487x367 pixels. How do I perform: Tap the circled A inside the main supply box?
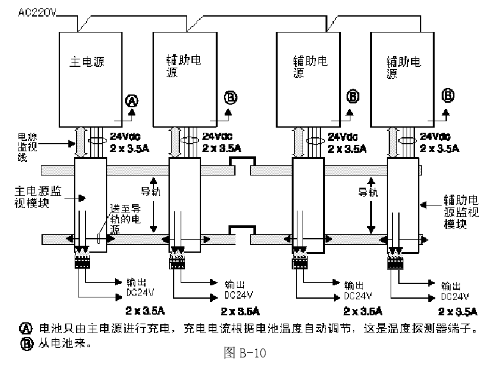[131, 100]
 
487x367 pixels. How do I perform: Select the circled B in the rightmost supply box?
[449, 96]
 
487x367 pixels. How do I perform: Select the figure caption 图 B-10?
[245, 353]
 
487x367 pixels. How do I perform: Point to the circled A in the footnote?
[26, 329]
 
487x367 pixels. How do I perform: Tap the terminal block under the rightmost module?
[397, 262]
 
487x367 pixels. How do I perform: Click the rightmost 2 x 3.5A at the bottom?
[458, 311]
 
